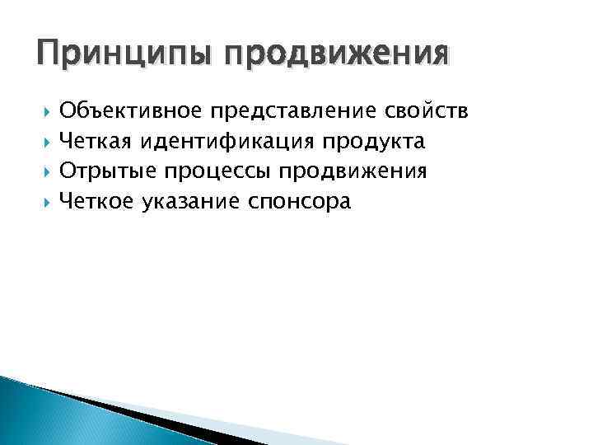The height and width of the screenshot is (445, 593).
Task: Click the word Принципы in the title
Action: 119,55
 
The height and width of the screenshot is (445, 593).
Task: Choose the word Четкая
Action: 96,142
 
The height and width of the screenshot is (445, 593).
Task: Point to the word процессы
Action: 217,172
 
